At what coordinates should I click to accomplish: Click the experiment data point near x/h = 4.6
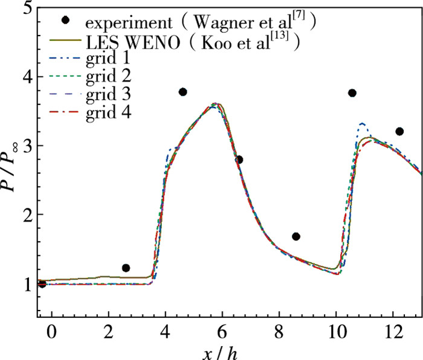click(182, 92)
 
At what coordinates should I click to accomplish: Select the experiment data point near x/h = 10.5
click(352, 93)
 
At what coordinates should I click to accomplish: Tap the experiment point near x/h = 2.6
click(126, 268)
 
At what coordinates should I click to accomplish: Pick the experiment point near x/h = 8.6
click(296, 236)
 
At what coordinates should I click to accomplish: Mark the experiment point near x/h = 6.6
click(239, 159)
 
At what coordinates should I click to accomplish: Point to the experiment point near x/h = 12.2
click(399, 131)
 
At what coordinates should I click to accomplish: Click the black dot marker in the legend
click(66, 20)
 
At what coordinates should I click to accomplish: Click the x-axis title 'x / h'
click(221, 352)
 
